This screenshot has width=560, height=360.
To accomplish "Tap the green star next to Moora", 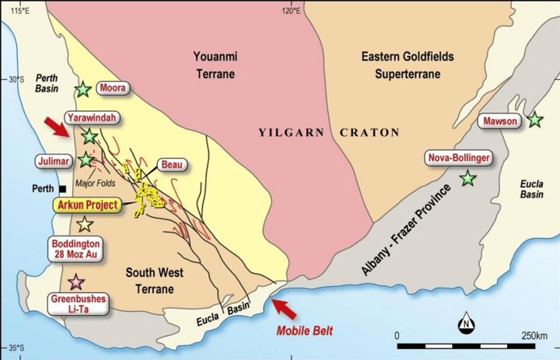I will [x=83, y=89].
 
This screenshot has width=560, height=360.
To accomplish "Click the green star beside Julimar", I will [x=86, y=159].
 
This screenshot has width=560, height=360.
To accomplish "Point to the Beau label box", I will [x=171, y=165].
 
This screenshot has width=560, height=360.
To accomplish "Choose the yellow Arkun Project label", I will [x=87, y=205].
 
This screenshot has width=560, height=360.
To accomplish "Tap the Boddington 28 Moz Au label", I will [x=75, y=247].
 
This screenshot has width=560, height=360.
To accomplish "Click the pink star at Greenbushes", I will [x=75, y=281].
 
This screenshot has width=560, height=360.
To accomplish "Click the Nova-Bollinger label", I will [x=459, y=159].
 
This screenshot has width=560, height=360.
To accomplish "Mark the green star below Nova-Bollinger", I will [x=467, y=178].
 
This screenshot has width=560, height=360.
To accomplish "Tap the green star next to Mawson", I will [x=534, y=120].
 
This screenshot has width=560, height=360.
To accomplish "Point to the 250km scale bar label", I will [x=535, y=336].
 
